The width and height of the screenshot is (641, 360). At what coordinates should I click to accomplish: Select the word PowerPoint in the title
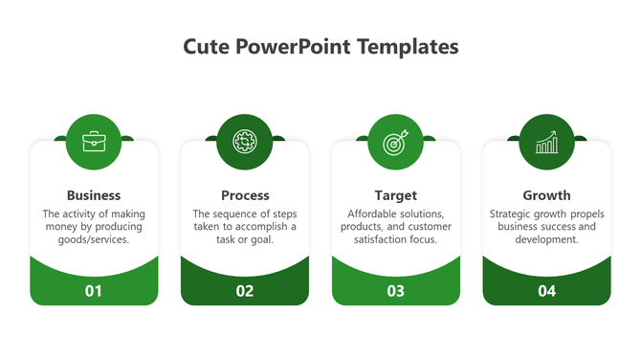click(x=291, y=47)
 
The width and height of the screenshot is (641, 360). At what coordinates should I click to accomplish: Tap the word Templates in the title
click(x=408, y=47)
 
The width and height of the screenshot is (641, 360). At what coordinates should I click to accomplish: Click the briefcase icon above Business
click(x=94, y=143)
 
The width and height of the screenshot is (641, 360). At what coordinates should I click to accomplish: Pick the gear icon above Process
click(x=245, y=143)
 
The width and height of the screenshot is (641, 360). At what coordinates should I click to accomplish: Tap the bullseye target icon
click(x=395, y=143)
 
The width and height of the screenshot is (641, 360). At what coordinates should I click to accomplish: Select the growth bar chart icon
click(x=546, y=143)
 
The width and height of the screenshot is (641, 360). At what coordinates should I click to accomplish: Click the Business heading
click(x=94, y=195)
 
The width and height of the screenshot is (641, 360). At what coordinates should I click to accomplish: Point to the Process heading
click(x=245, y=195)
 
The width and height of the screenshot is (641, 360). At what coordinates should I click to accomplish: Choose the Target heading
click(x=395, y=195)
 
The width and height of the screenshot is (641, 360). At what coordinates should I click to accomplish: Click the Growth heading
click(x=546, y=195)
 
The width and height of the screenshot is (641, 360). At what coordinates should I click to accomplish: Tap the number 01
click(x=94, y=291)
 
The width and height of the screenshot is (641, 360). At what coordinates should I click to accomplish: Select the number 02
click(x=245, y=291)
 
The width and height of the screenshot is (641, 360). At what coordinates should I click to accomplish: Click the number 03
click(x=395, y=291)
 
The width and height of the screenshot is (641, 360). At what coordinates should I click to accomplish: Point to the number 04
click(x=546, y=291)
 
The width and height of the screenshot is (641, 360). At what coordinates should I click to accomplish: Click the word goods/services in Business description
click(x=94, y=240)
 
